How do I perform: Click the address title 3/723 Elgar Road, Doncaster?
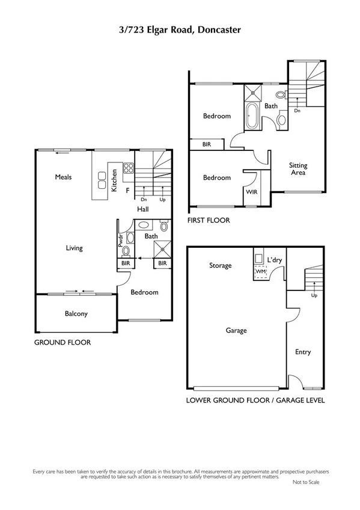pos(180,28)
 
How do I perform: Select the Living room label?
pos(75,248)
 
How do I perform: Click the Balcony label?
pos(76,313)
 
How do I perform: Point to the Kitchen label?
pos(114,180)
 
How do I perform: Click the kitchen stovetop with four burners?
pos(127,169)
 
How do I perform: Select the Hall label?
pos(142,209)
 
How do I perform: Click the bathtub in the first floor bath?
pos(251,115)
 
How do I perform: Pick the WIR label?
pos(251,192)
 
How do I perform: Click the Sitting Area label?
pos(297,169)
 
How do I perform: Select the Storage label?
pos(220,265)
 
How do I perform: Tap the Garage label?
pos(236,330)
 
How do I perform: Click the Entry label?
pos(303,352)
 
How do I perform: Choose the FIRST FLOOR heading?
pos(209,221)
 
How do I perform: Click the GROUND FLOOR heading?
pos(63,342)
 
